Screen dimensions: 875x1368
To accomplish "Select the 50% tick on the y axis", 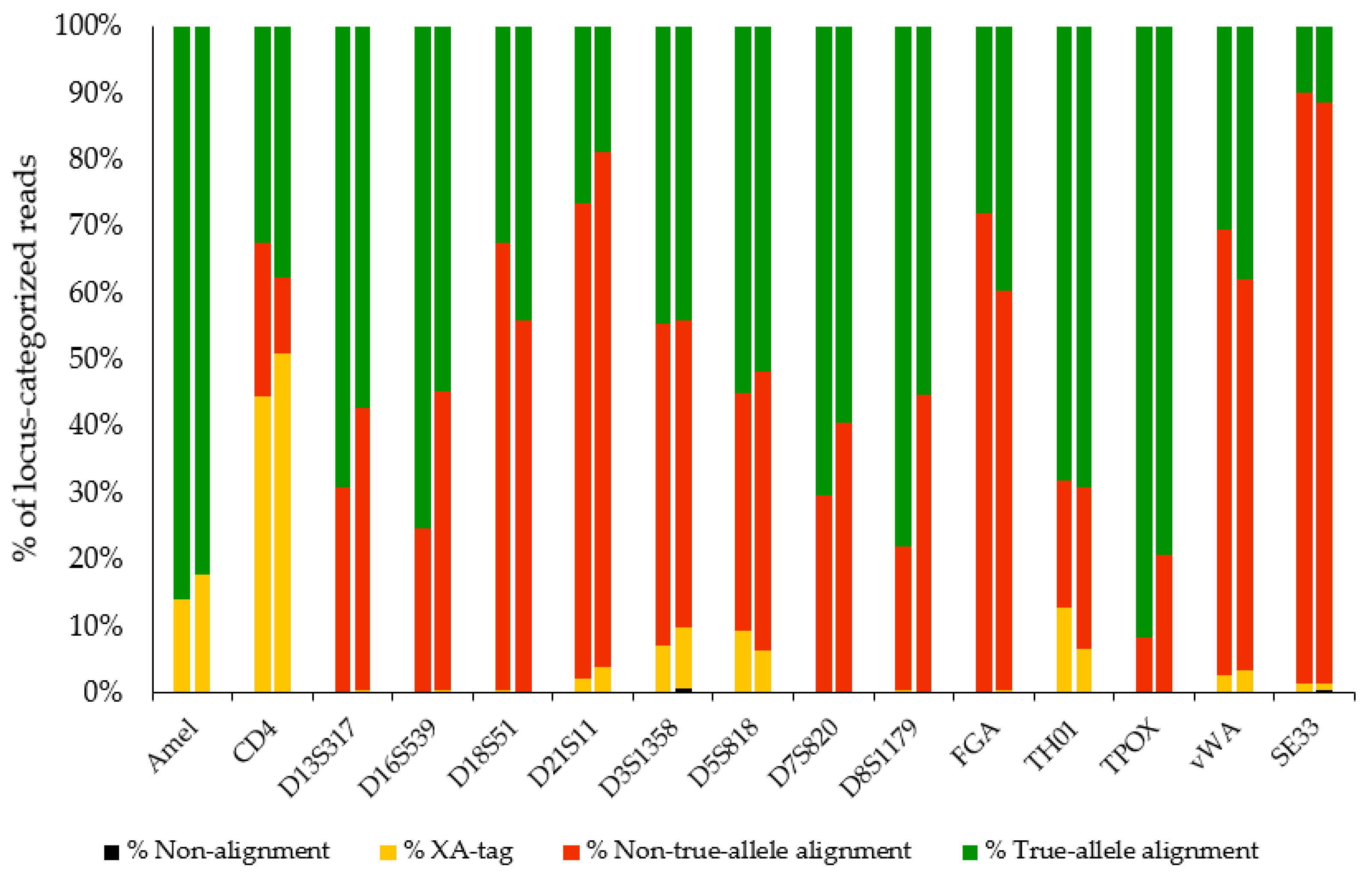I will [x=95, y=359].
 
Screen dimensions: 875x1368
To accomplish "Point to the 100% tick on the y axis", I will [x=88, y=26].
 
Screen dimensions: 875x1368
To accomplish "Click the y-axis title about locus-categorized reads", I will [x=26, y=358].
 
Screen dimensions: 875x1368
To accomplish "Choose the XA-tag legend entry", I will [x=458, y=851].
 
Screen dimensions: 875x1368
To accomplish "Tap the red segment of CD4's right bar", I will [x=283, y=315].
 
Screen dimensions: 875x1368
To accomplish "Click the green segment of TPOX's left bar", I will [x=1144, y=330].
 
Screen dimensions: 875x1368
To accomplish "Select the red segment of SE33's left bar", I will [x=1304, y=387].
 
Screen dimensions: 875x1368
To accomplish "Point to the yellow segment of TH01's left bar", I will [x=1064, y=649].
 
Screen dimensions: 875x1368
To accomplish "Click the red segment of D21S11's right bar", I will [x=602, y=409].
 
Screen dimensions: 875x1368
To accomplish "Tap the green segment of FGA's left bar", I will [x=984, y=119].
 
